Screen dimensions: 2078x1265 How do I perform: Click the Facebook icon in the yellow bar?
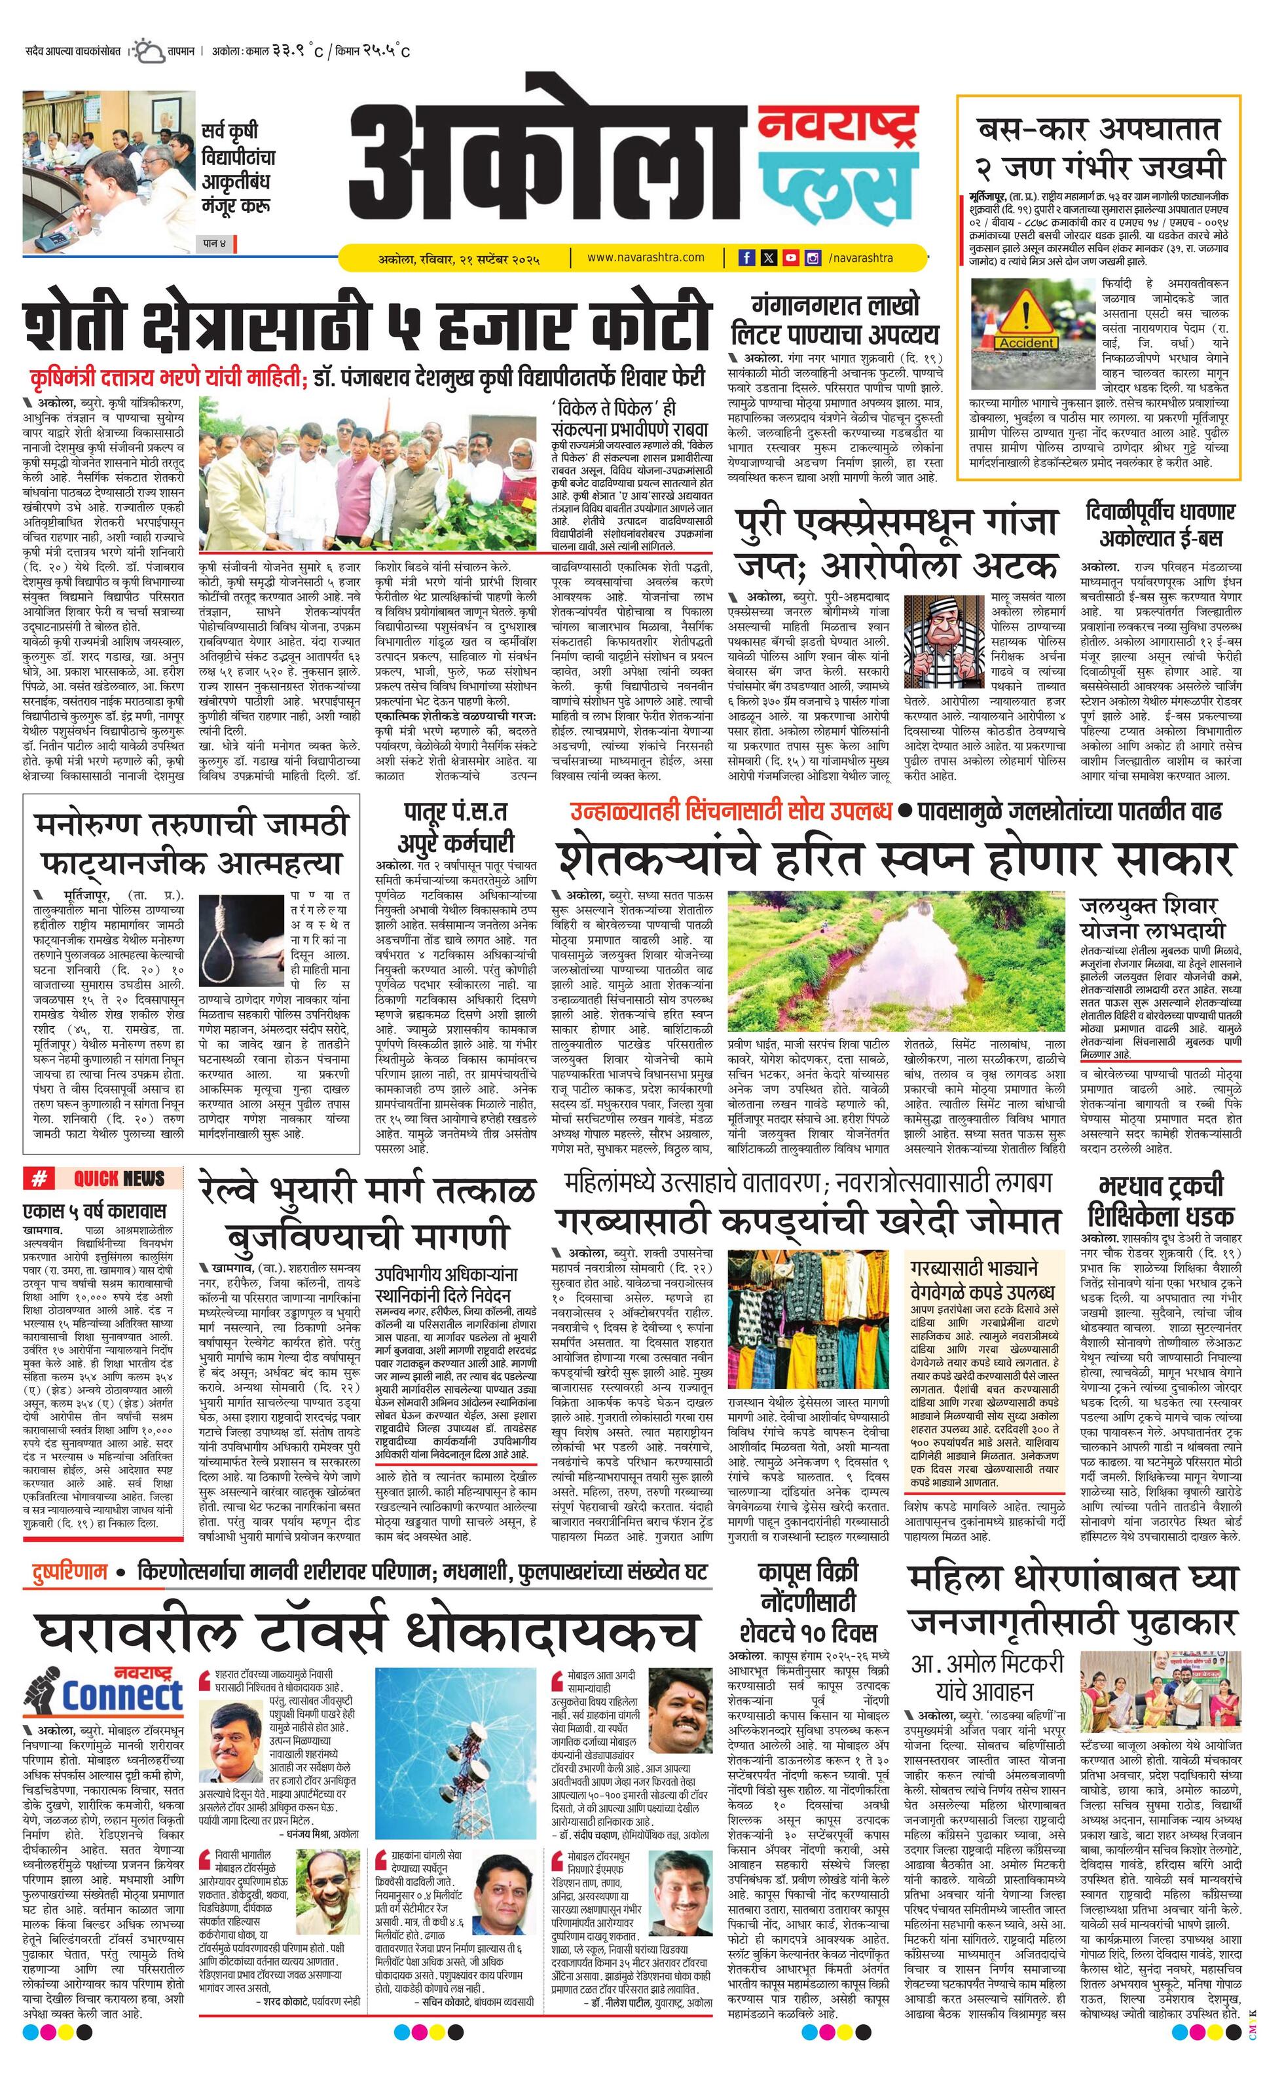[x=746, y=258]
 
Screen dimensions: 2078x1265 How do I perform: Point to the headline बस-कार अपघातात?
[x=1099, y=131]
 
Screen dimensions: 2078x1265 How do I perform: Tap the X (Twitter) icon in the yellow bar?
[x=768, y=258]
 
